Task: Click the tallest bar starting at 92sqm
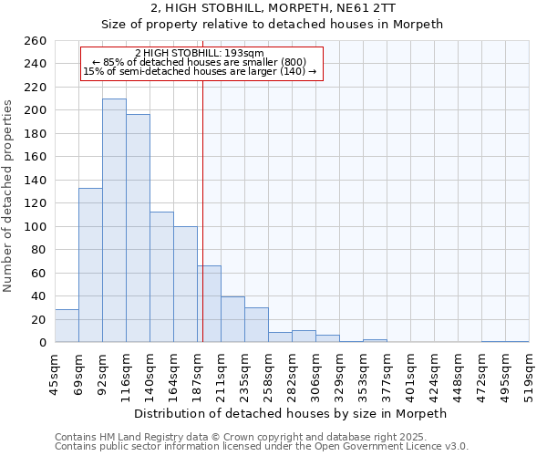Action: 114,221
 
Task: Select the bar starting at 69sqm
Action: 90,264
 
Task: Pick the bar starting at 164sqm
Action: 185,285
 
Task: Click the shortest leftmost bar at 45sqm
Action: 67,326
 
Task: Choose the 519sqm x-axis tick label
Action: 529,374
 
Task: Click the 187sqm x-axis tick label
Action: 197,374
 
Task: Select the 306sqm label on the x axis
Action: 315,374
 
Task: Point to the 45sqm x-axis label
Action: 55,374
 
